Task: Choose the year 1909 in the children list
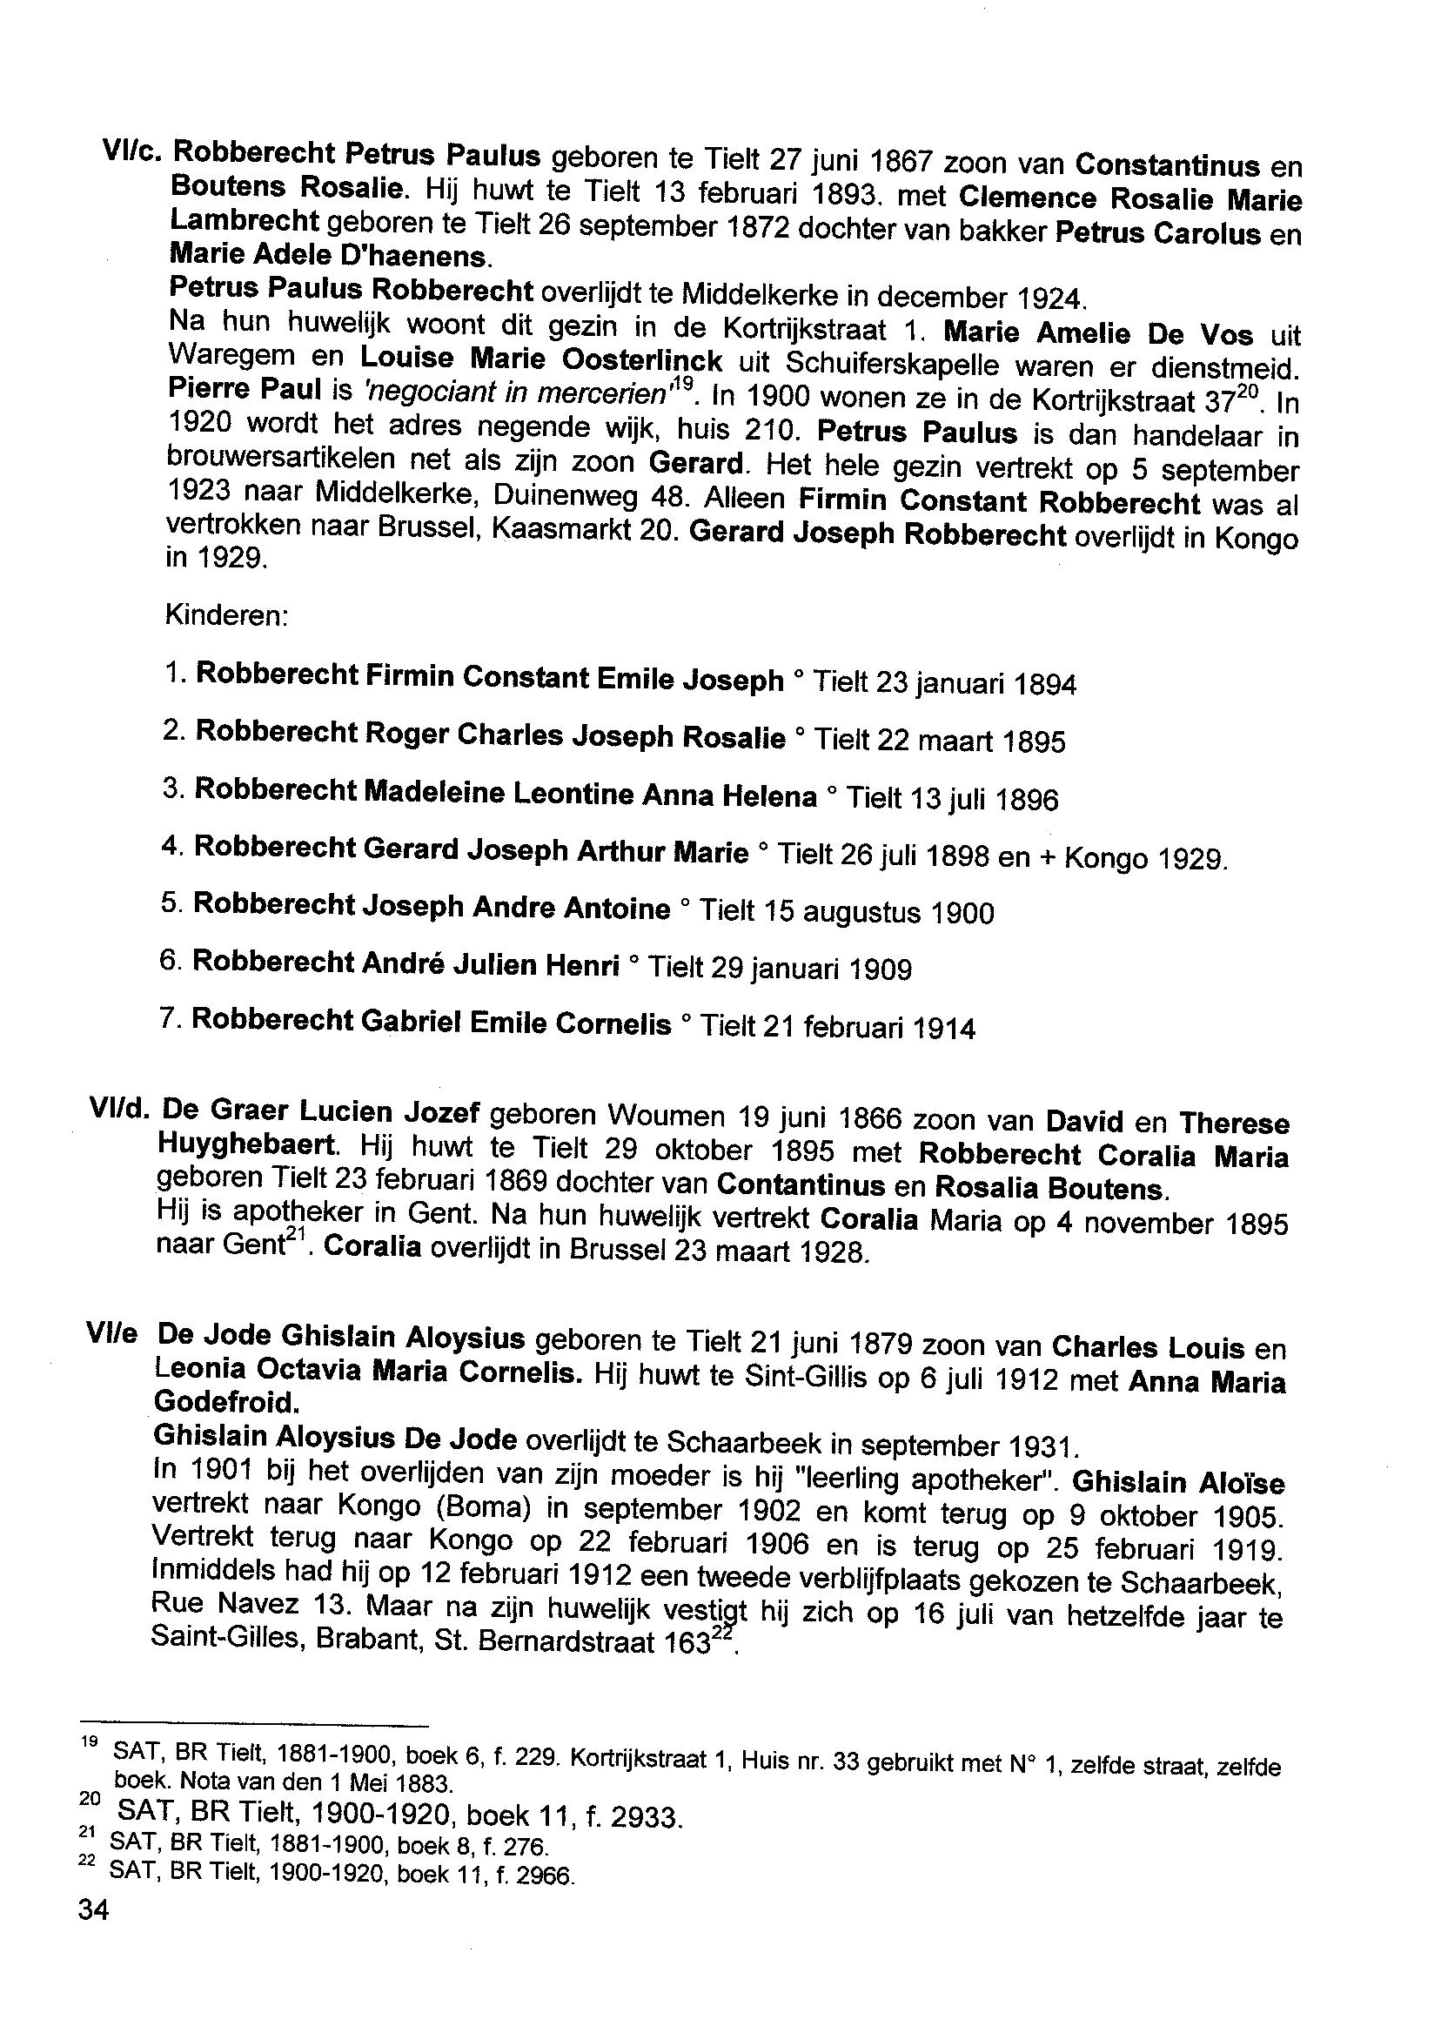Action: click(x=880, y=970)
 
